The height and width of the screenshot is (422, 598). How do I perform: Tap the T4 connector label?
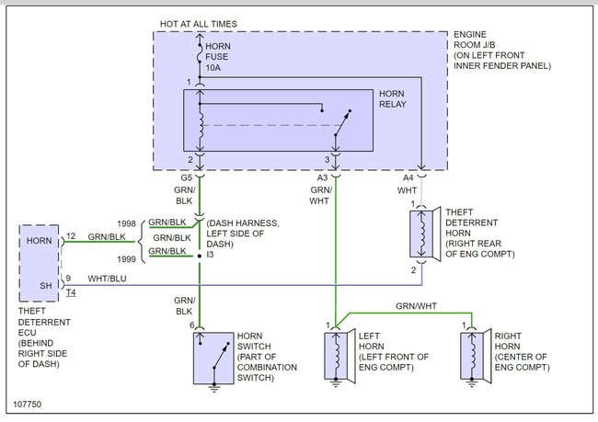[x=71, y=292]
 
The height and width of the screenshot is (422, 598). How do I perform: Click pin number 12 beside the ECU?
[x=71, y=236]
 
